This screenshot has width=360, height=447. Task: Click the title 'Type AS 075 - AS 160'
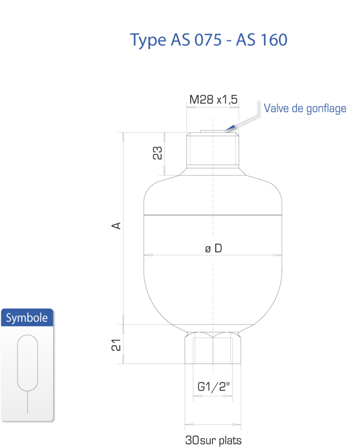[208, 40]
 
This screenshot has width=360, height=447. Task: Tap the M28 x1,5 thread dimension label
[213, 100]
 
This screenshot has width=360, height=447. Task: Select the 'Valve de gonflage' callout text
[305, 109]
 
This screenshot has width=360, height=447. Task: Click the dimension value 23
[157, 153]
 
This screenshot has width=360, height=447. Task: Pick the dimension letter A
[116, 226]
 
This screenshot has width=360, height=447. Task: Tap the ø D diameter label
[213, 248]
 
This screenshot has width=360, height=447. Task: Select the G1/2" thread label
[213, 387]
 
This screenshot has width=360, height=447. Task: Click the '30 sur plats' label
[213, 440]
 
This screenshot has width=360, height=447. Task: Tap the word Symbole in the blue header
[27, 318]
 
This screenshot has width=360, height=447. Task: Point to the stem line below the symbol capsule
[28, 402]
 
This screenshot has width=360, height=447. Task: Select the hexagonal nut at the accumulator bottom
[213, 348]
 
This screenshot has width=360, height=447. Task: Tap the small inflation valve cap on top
[213, 131]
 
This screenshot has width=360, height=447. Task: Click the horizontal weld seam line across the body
[213, 215]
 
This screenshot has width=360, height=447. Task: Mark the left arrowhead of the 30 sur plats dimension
[190, 425]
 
